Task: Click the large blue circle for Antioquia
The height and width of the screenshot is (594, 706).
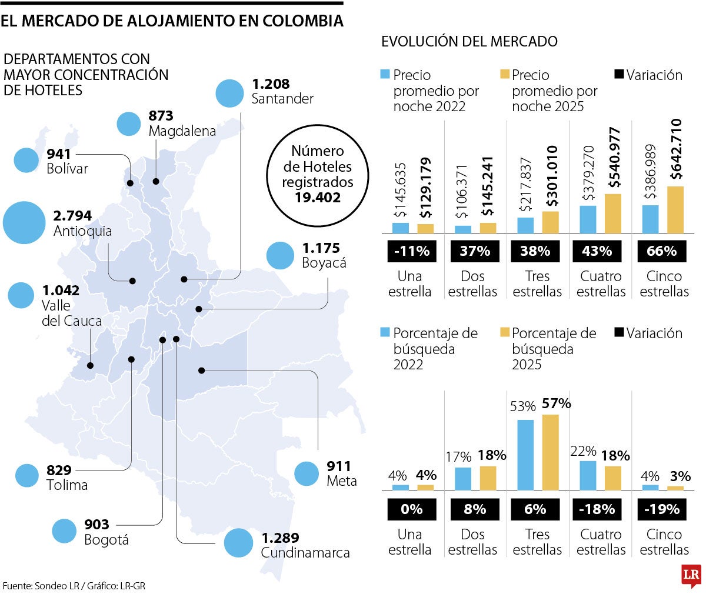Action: [x=24, y=223]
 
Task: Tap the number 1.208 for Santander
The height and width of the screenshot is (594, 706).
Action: [x=271, y=84]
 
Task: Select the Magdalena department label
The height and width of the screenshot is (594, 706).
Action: [x=182, y=131]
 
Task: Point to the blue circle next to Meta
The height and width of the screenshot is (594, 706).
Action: [x=306, y=473]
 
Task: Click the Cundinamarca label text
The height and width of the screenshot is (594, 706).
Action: [x=305, y=553]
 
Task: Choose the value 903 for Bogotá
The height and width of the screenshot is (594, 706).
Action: [x=97, y=524]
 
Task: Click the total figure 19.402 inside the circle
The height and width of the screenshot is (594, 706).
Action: [x=318, y=198]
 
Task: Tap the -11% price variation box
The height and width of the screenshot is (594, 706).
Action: [x=412, y=251]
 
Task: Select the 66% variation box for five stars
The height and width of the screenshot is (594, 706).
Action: [x=662, y=251]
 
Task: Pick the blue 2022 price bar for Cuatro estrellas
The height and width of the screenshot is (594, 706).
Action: [x=588, y=219]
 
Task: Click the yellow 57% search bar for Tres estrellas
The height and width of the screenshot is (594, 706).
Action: [x=551, y=452]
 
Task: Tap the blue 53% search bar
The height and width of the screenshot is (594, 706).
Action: [x=525, y=455]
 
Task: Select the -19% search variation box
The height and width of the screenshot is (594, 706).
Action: [x=662, y=509]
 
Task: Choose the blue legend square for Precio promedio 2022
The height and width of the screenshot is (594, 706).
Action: [x=385, y=75]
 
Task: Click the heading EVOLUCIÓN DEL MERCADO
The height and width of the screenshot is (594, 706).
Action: [x=469, y=41]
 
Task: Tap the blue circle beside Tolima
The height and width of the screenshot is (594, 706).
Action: [x=26, y=475]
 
